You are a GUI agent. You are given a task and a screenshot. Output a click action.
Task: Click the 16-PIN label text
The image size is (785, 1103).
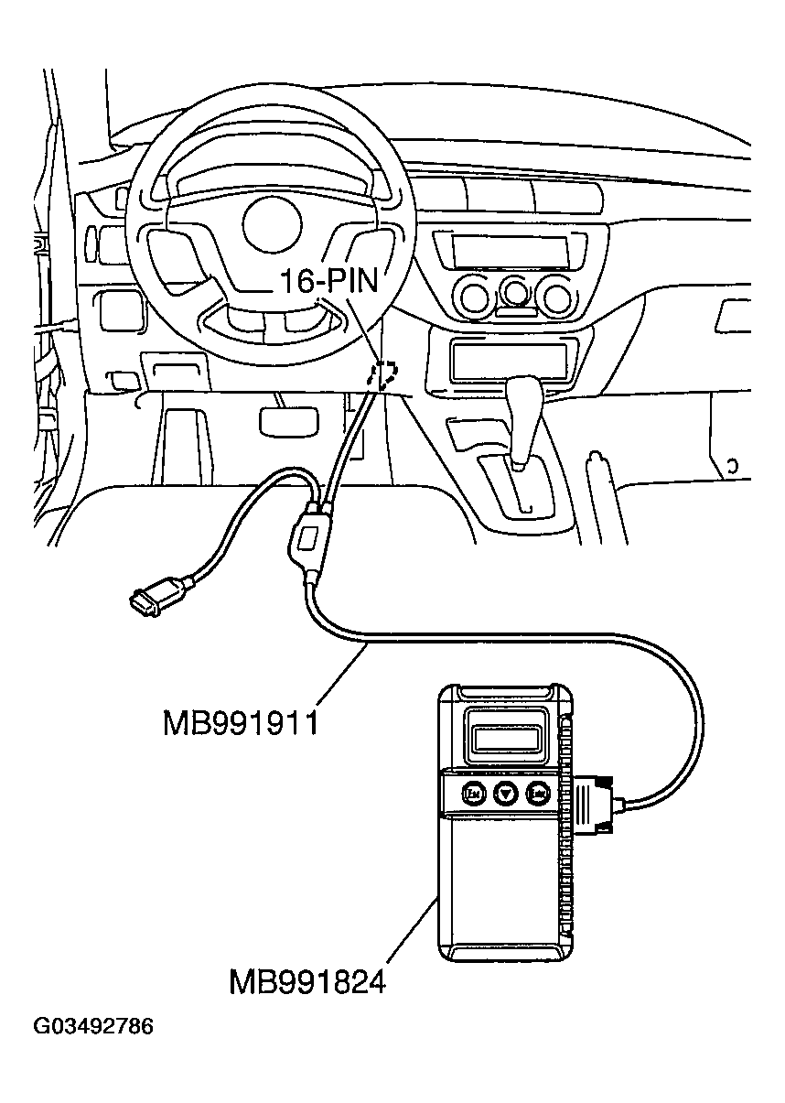328,279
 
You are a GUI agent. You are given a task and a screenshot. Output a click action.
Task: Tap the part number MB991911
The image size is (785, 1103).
241,723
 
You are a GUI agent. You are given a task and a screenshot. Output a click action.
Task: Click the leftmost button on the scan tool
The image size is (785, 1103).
474,794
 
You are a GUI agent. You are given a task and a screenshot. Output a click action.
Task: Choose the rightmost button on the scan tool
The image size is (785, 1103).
539,794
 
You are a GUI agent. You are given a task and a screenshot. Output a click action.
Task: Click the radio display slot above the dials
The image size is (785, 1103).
509,249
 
